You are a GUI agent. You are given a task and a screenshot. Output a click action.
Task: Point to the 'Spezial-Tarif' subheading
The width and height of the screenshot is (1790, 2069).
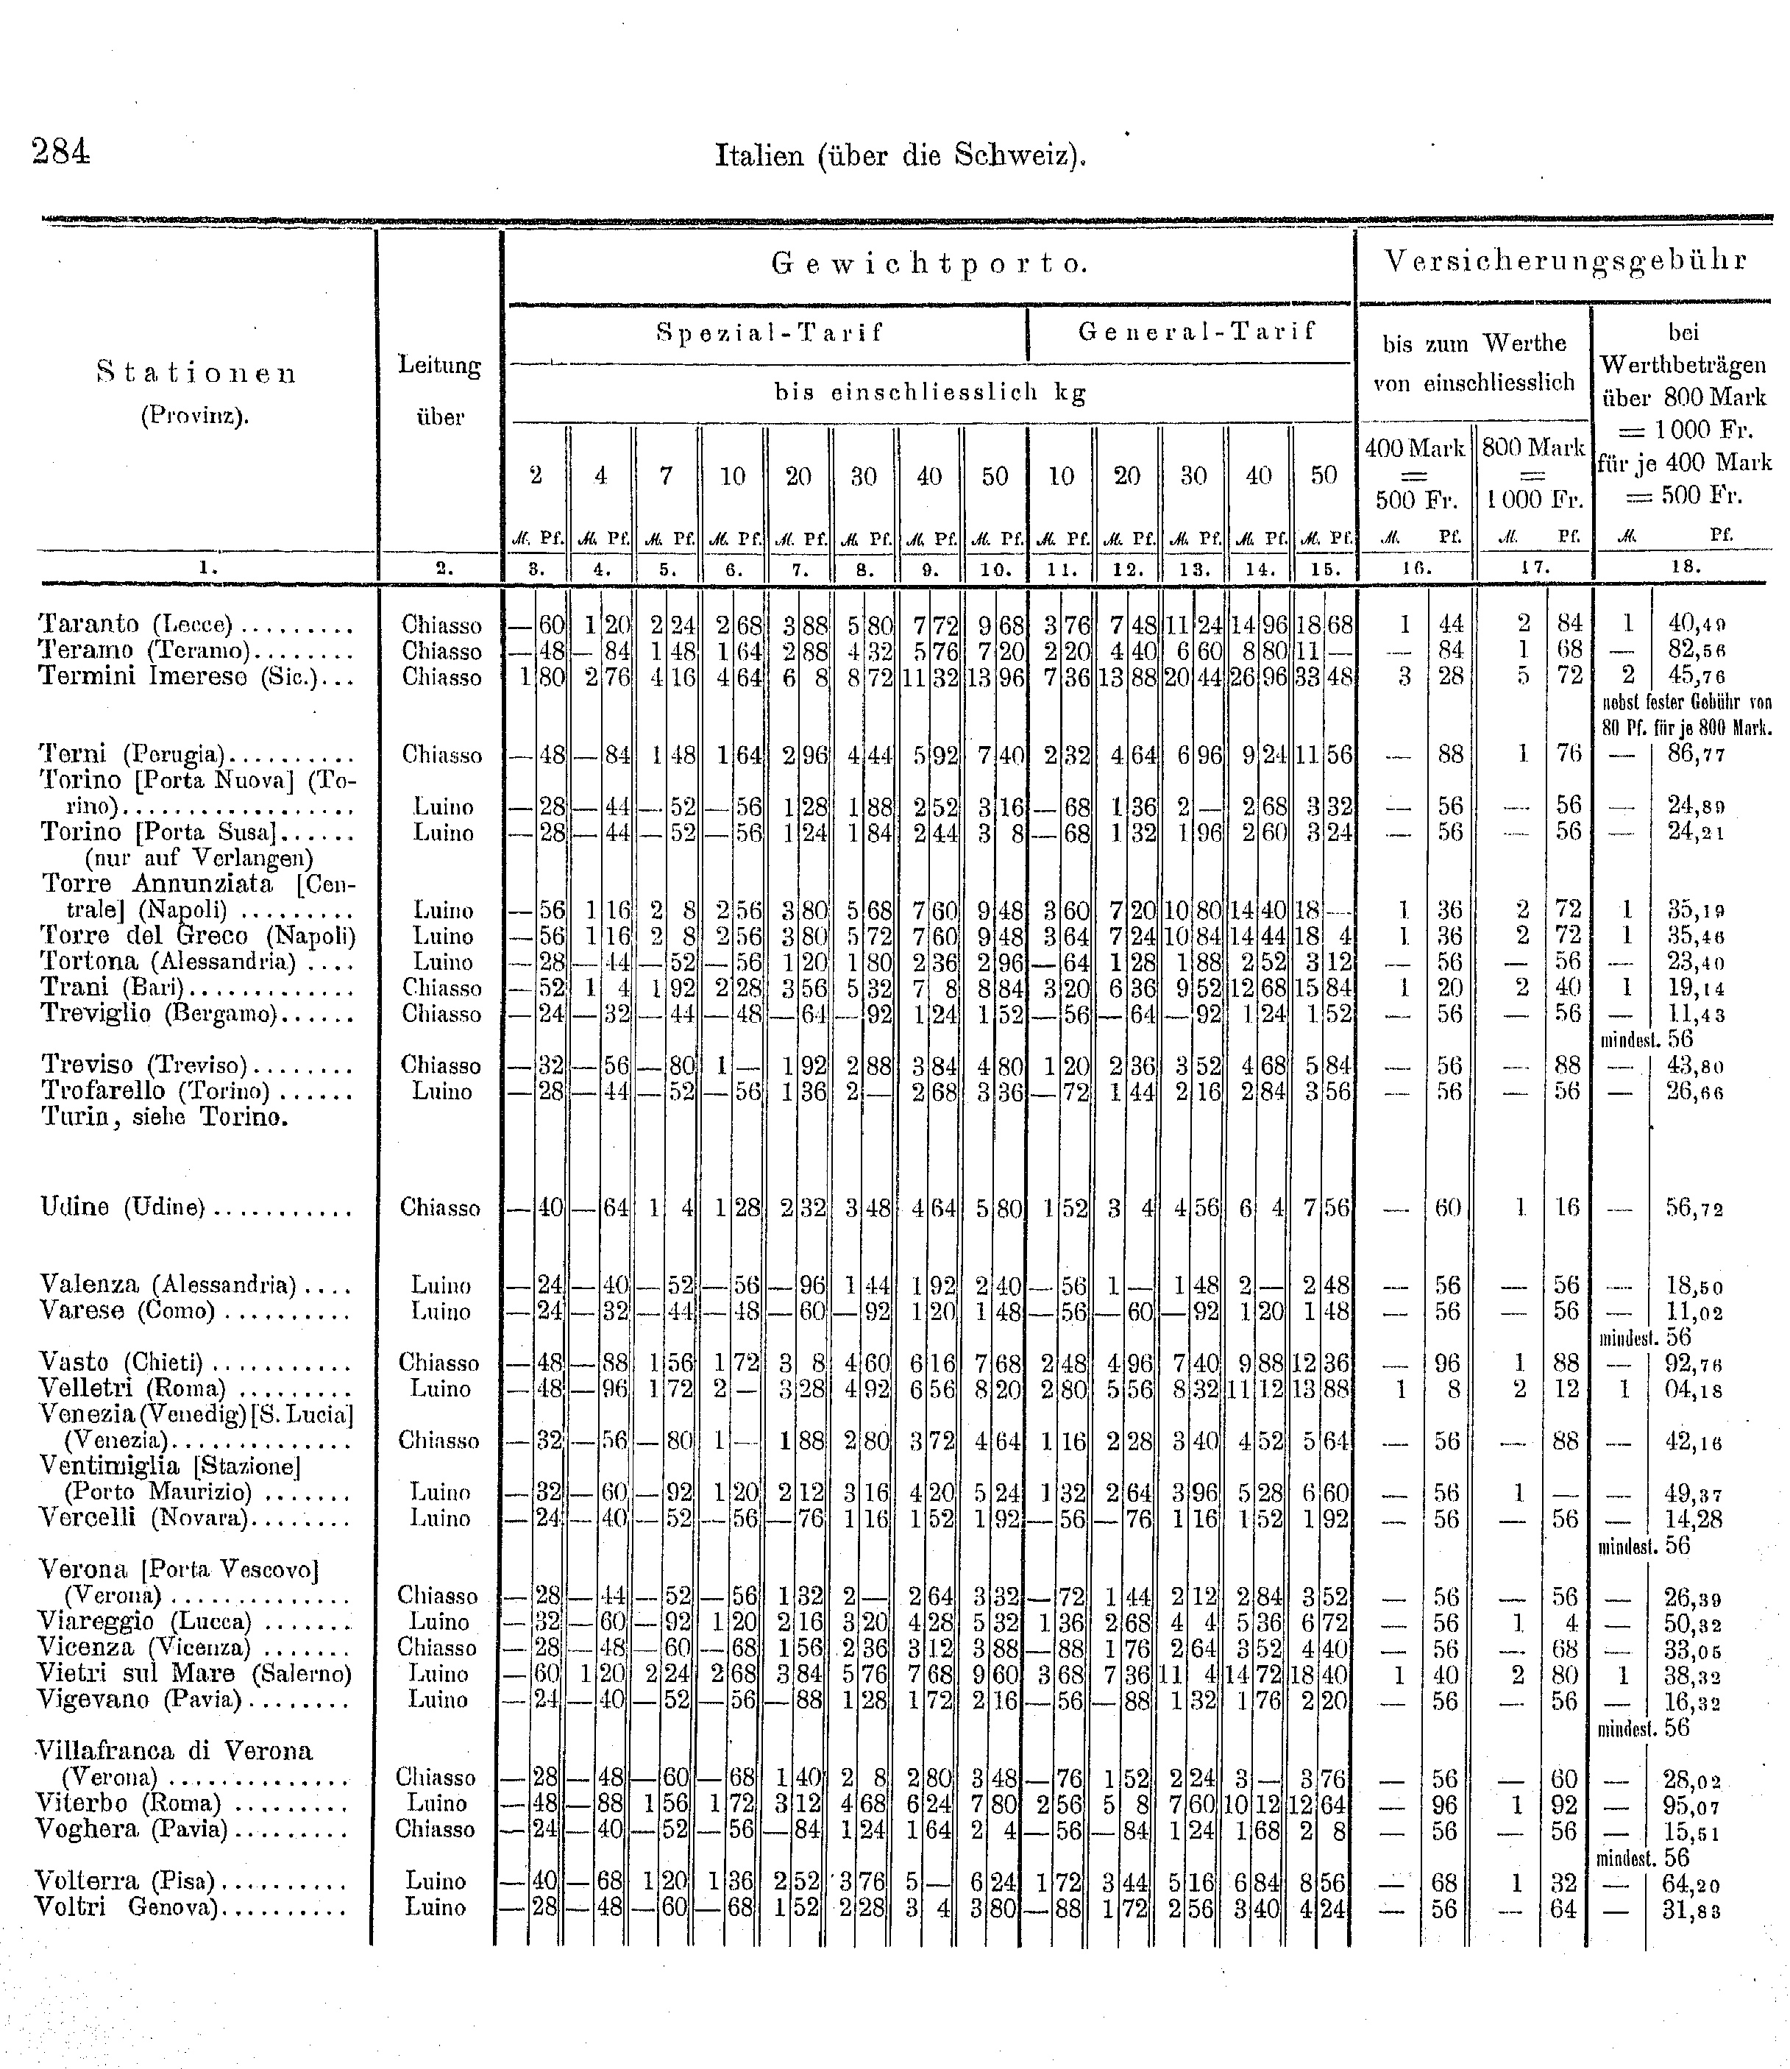(x=769, y=333)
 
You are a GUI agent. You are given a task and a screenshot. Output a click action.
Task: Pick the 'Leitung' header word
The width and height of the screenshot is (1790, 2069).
(x=439, y=366)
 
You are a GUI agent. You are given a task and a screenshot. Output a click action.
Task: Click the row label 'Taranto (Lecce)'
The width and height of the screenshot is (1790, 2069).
(x=136, y=625)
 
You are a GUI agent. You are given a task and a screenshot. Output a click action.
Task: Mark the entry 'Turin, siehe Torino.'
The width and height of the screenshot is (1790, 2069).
(x=164, y=1117)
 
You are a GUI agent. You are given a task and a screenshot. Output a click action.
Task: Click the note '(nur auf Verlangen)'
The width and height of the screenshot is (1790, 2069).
(x=200, y=858)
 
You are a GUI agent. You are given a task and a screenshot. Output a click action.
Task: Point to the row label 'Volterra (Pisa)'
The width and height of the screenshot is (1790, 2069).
(x=126, y=1881)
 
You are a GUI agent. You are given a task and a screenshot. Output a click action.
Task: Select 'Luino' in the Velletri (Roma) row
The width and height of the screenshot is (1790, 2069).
(x=439, y=1388)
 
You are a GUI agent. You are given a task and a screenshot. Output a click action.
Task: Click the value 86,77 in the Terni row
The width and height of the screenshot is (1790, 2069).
(x=1695, y=754)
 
